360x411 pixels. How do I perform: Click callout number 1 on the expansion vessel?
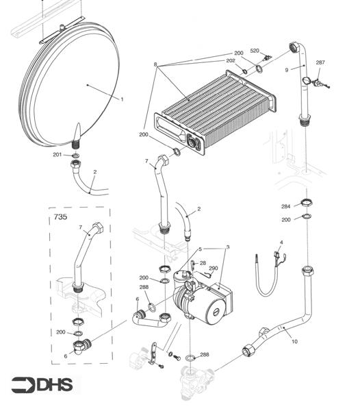point(122,100)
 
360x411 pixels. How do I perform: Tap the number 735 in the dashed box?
point(60,217)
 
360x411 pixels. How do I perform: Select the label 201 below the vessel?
point(57,155)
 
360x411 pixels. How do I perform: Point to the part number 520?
point(255,51)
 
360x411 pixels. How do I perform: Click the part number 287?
point(320,63)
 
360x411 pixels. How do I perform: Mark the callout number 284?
point(286,206)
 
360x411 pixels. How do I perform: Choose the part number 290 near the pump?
point(213,269)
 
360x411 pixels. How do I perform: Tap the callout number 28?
point(203,263)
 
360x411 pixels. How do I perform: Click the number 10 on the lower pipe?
point(295,340)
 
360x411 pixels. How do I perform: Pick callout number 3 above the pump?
point(227,246)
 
